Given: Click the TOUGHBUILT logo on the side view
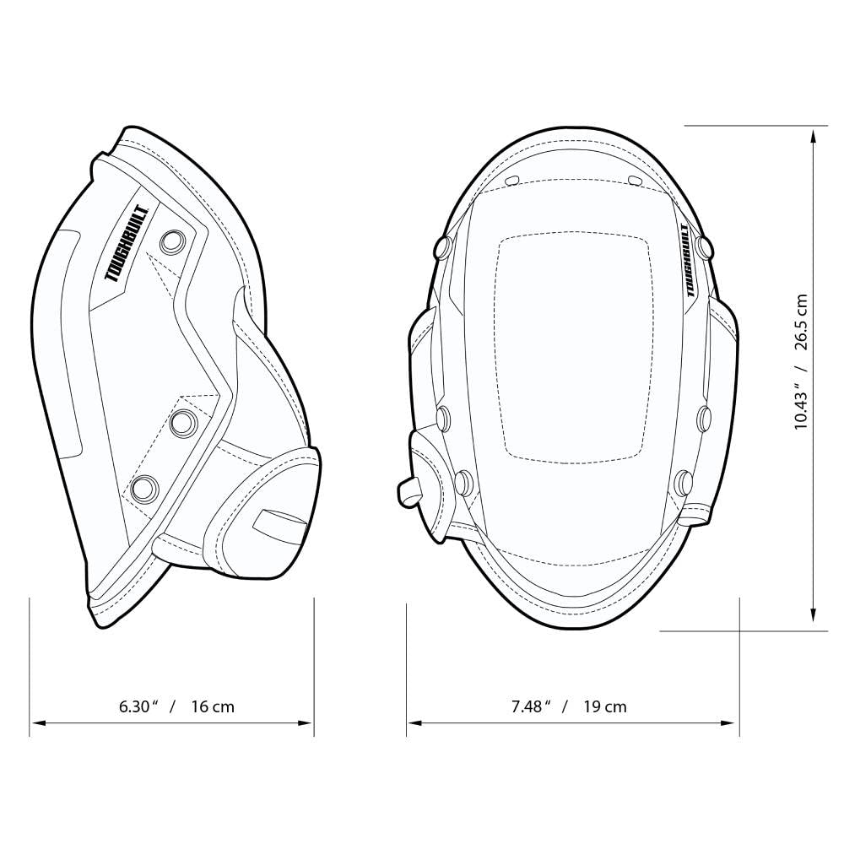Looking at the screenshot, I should point(127,243).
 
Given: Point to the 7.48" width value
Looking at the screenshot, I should point(531,706).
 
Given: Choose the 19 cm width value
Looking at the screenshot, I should point(604,706).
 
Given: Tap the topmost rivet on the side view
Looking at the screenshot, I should point(174,241).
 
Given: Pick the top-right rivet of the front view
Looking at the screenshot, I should point(705,247).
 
